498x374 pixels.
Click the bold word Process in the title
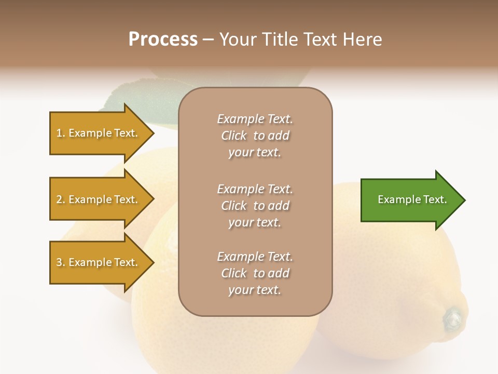[x=163, y=39]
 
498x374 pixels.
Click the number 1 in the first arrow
[x=59, y=133]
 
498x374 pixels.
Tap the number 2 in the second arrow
[x=59, y=199]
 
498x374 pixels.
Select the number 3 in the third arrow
[x=59, y=262]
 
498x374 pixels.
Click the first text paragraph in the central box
[x=255, y=136]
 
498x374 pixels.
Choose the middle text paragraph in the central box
[x=255, y=206]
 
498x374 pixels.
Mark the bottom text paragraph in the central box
[x=255, y=273]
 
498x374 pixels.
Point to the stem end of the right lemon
[x=452, y=318]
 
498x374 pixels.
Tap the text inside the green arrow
[x=412, y=199]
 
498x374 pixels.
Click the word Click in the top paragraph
[x=234, y=136]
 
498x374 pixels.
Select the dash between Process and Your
[x=208, y=39]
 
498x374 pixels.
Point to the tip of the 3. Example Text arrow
[x=153, y=262]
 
